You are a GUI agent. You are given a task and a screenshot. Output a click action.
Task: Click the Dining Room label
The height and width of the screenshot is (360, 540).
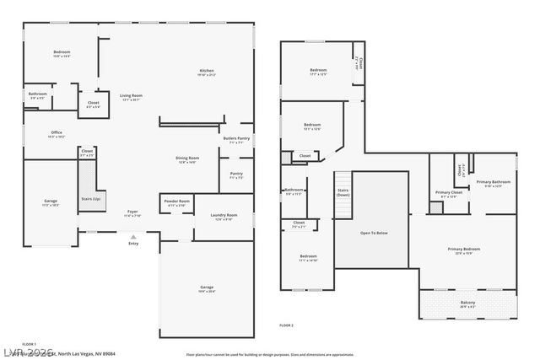[x=187, y=159]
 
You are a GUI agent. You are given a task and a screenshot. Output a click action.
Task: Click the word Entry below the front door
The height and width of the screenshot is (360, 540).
[x=133, y=244]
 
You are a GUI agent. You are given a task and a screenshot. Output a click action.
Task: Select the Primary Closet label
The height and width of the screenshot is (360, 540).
[x=449, y=192]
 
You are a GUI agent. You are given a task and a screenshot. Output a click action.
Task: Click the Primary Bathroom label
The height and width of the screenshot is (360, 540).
[x=494, y=183]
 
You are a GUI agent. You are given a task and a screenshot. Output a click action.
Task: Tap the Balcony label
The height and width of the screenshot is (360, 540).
[x=467, y=303]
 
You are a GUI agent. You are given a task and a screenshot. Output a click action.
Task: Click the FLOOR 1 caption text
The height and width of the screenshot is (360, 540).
[x=30, y=345]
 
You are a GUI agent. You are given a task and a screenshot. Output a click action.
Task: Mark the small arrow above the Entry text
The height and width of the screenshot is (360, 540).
[x=133, y=237]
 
